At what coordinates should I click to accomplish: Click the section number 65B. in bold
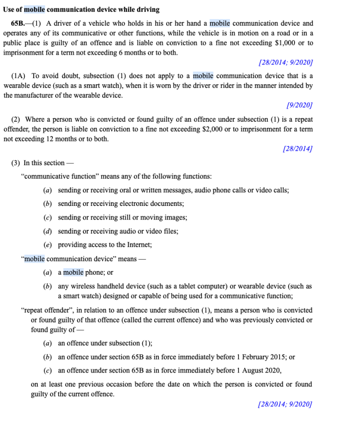[19, 23]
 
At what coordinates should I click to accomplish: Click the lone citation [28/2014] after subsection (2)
[298, 149]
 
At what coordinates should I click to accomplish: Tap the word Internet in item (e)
[138, 245]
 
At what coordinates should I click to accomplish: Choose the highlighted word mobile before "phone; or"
[73, 272]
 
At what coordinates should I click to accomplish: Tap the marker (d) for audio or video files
[47, 231]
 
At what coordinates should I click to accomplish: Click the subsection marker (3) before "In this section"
[16, 163]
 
